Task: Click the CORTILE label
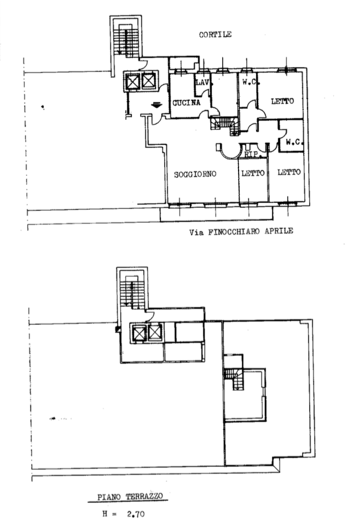(215, 34)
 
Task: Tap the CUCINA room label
(186, 103)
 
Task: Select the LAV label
(202, 82)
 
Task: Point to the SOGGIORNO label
(195, 174)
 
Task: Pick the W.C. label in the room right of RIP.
(294, 142)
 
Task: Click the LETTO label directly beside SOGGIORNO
(253, 173)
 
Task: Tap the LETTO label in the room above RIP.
(282, 101)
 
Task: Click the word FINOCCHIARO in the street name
(234, 232)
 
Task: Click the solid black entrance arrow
(157, 105)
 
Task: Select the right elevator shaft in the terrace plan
(155, 333)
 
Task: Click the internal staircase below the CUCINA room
(225, 125)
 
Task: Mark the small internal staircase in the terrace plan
(235, 379)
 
